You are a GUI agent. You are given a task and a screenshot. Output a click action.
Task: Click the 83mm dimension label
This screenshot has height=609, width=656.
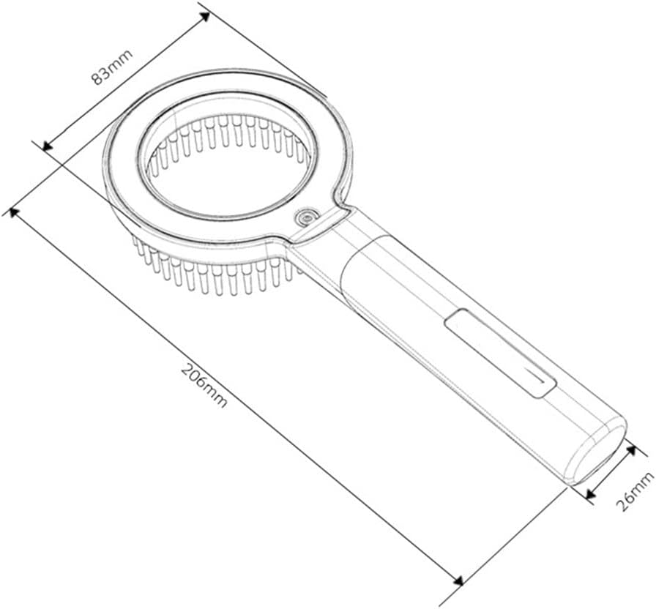[x=112, y=67]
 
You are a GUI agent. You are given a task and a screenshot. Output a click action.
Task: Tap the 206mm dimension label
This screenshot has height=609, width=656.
[x=204, y=386]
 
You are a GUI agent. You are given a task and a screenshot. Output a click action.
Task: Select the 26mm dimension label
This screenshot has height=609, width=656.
[x=635, y=491]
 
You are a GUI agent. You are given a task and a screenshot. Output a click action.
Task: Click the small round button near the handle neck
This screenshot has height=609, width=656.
[x=306, y=217]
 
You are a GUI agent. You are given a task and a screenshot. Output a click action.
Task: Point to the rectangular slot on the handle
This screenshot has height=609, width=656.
[x=500, y=353]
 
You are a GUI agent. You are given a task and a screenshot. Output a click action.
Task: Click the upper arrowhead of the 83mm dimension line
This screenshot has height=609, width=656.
[x=204, y=17]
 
